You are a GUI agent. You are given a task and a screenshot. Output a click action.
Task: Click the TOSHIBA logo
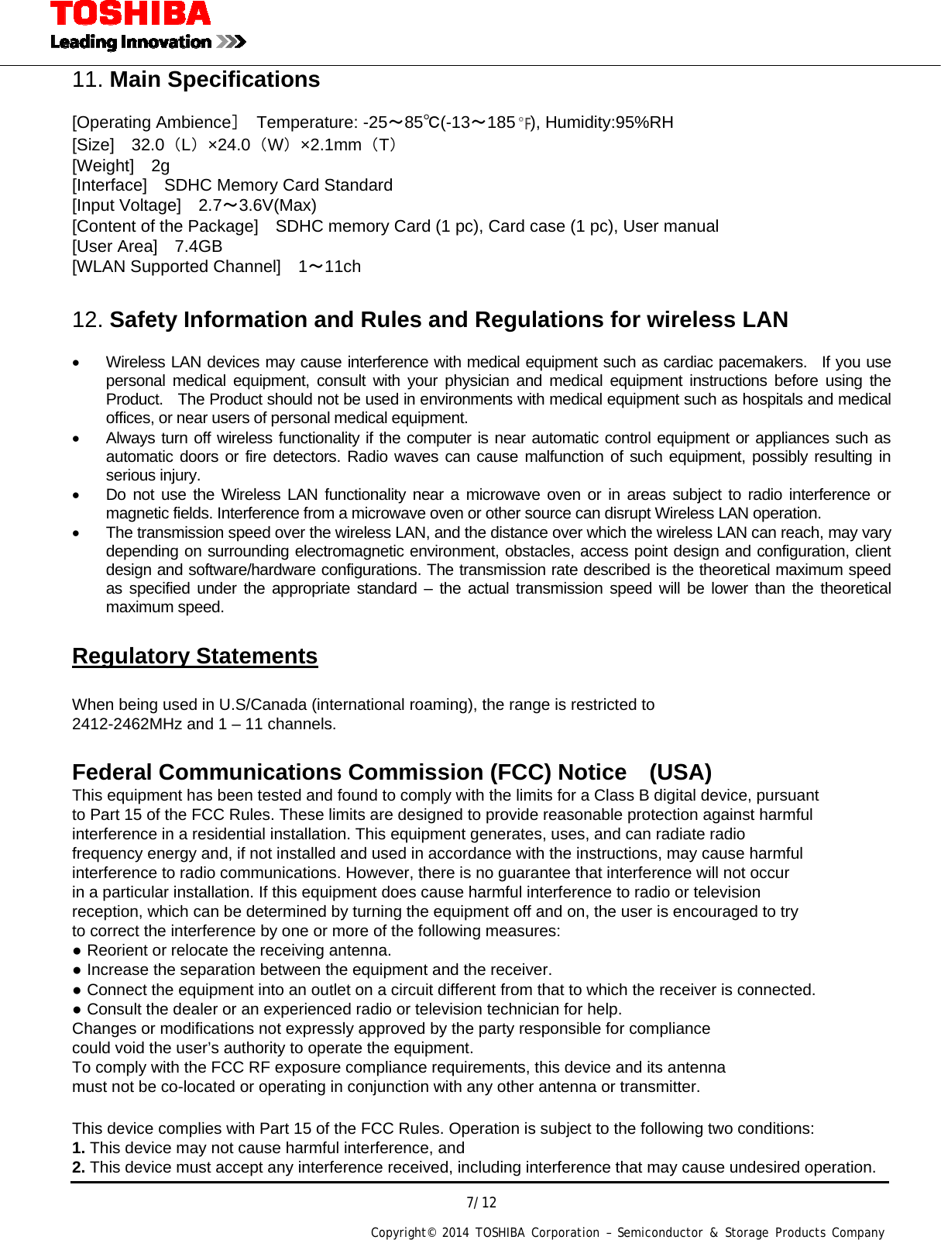pyautogui.click(x=130, y=14)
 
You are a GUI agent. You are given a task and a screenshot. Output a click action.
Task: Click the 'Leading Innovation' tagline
pyautogui.click(x=131, y=42)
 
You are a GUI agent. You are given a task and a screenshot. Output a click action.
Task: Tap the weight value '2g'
pyautogui.click(x=160, y=166)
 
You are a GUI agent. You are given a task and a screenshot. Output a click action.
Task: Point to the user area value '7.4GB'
pyautogui.click(x=198, y=246)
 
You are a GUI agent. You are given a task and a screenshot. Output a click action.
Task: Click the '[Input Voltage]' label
pyautogui.click(x=126, y=205)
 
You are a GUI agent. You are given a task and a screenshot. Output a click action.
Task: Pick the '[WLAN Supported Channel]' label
pyautogui.click(x=176, y=267)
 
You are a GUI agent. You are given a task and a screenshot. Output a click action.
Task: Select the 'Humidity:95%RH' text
pyautogui.click(x=610, y=122)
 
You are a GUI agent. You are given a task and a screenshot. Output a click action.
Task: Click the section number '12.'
pyautogui.click(x=87, y=320)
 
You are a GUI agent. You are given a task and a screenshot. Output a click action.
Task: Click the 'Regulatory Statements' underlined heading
pyautogui.click(x=194, y=656)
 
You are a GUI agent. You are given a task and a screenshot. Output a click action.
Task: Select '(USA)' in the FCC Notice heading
pyautogui.click(x=680, y=773)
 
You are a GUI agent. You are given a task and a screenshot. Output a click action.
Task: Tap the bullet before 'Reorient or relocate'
pyautogui.click(x=77, y=951)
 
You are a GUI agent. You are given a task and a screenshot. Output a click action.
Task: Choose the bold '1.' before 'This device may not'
pyautogui.click(x=78, y=1149)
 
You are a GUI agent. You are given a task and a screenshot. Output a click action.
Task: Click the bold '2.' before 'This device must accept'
pyautogui.click(x=78, y=1168)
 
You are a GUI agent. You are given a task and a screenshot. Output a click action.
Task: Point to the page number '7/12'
pyautogui.click(x=481, y=1203)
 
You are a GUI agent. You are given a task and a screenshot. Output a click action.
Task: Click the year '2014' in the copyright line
pyautogui.click(x=455, y=1233)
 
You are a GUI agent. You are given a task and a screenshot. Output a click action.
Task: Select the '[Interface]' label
pyautogui.click(x=109, y=185)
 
